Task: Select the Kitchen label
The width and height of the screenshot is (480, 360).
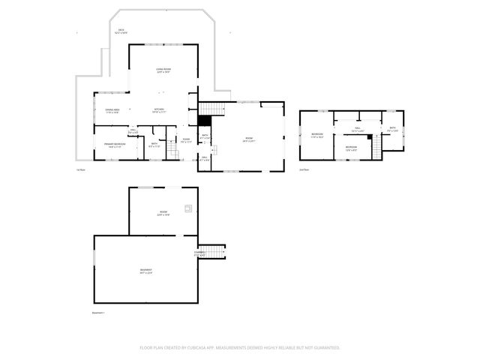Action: (159, 110)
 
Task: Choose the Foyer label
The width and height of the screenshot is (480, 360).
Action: (187, 139)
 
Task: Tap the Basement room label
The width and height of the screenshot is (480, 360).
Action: (145, 271)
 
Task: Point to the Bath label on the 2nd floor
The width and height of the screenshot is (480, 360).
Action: (392, 129)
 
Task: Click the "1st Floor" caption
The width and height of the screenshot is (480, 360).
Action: (81, 170)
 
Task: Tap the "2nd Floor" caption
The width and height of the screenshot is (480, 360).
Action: (304, 170)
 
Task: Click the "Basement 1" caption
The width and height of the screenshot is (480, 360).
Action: (98, 312)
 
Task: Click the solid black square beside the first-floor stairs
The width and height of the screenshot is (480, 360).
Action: (204, 120)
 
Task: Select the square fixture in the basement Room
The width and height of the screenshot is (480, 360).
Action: (189, 209)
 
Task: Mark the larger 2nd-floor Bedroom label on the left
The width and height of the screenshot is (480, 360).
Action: (317, 136)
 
